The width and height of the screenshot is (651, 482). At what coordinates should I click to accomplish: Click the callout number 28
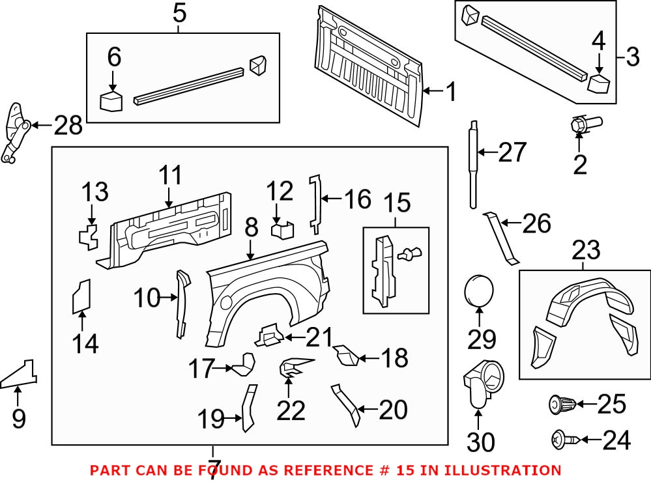68,125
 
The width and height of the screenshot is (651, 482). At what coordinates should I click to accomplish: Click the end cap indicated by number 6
111,102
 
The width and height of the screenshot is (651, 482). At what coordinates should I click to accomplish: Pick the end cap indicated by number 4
599,83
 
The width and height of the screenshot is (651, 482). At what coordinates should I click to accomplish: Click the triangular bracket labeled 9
21,375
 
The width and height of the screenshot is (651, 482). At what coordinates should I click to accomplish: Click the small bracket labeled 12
282,230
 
